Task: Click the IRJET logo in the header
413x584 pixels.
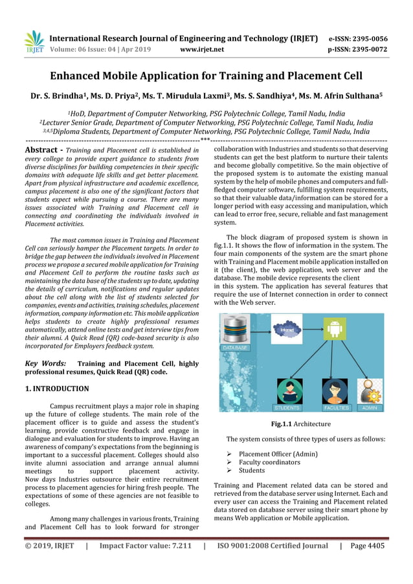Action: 33,43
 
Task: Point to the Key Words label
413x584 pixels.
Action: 45,364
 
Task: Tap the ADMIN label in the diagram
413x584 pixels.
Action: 370,408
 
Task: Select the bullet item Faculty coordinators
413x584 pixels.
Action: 269,462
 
